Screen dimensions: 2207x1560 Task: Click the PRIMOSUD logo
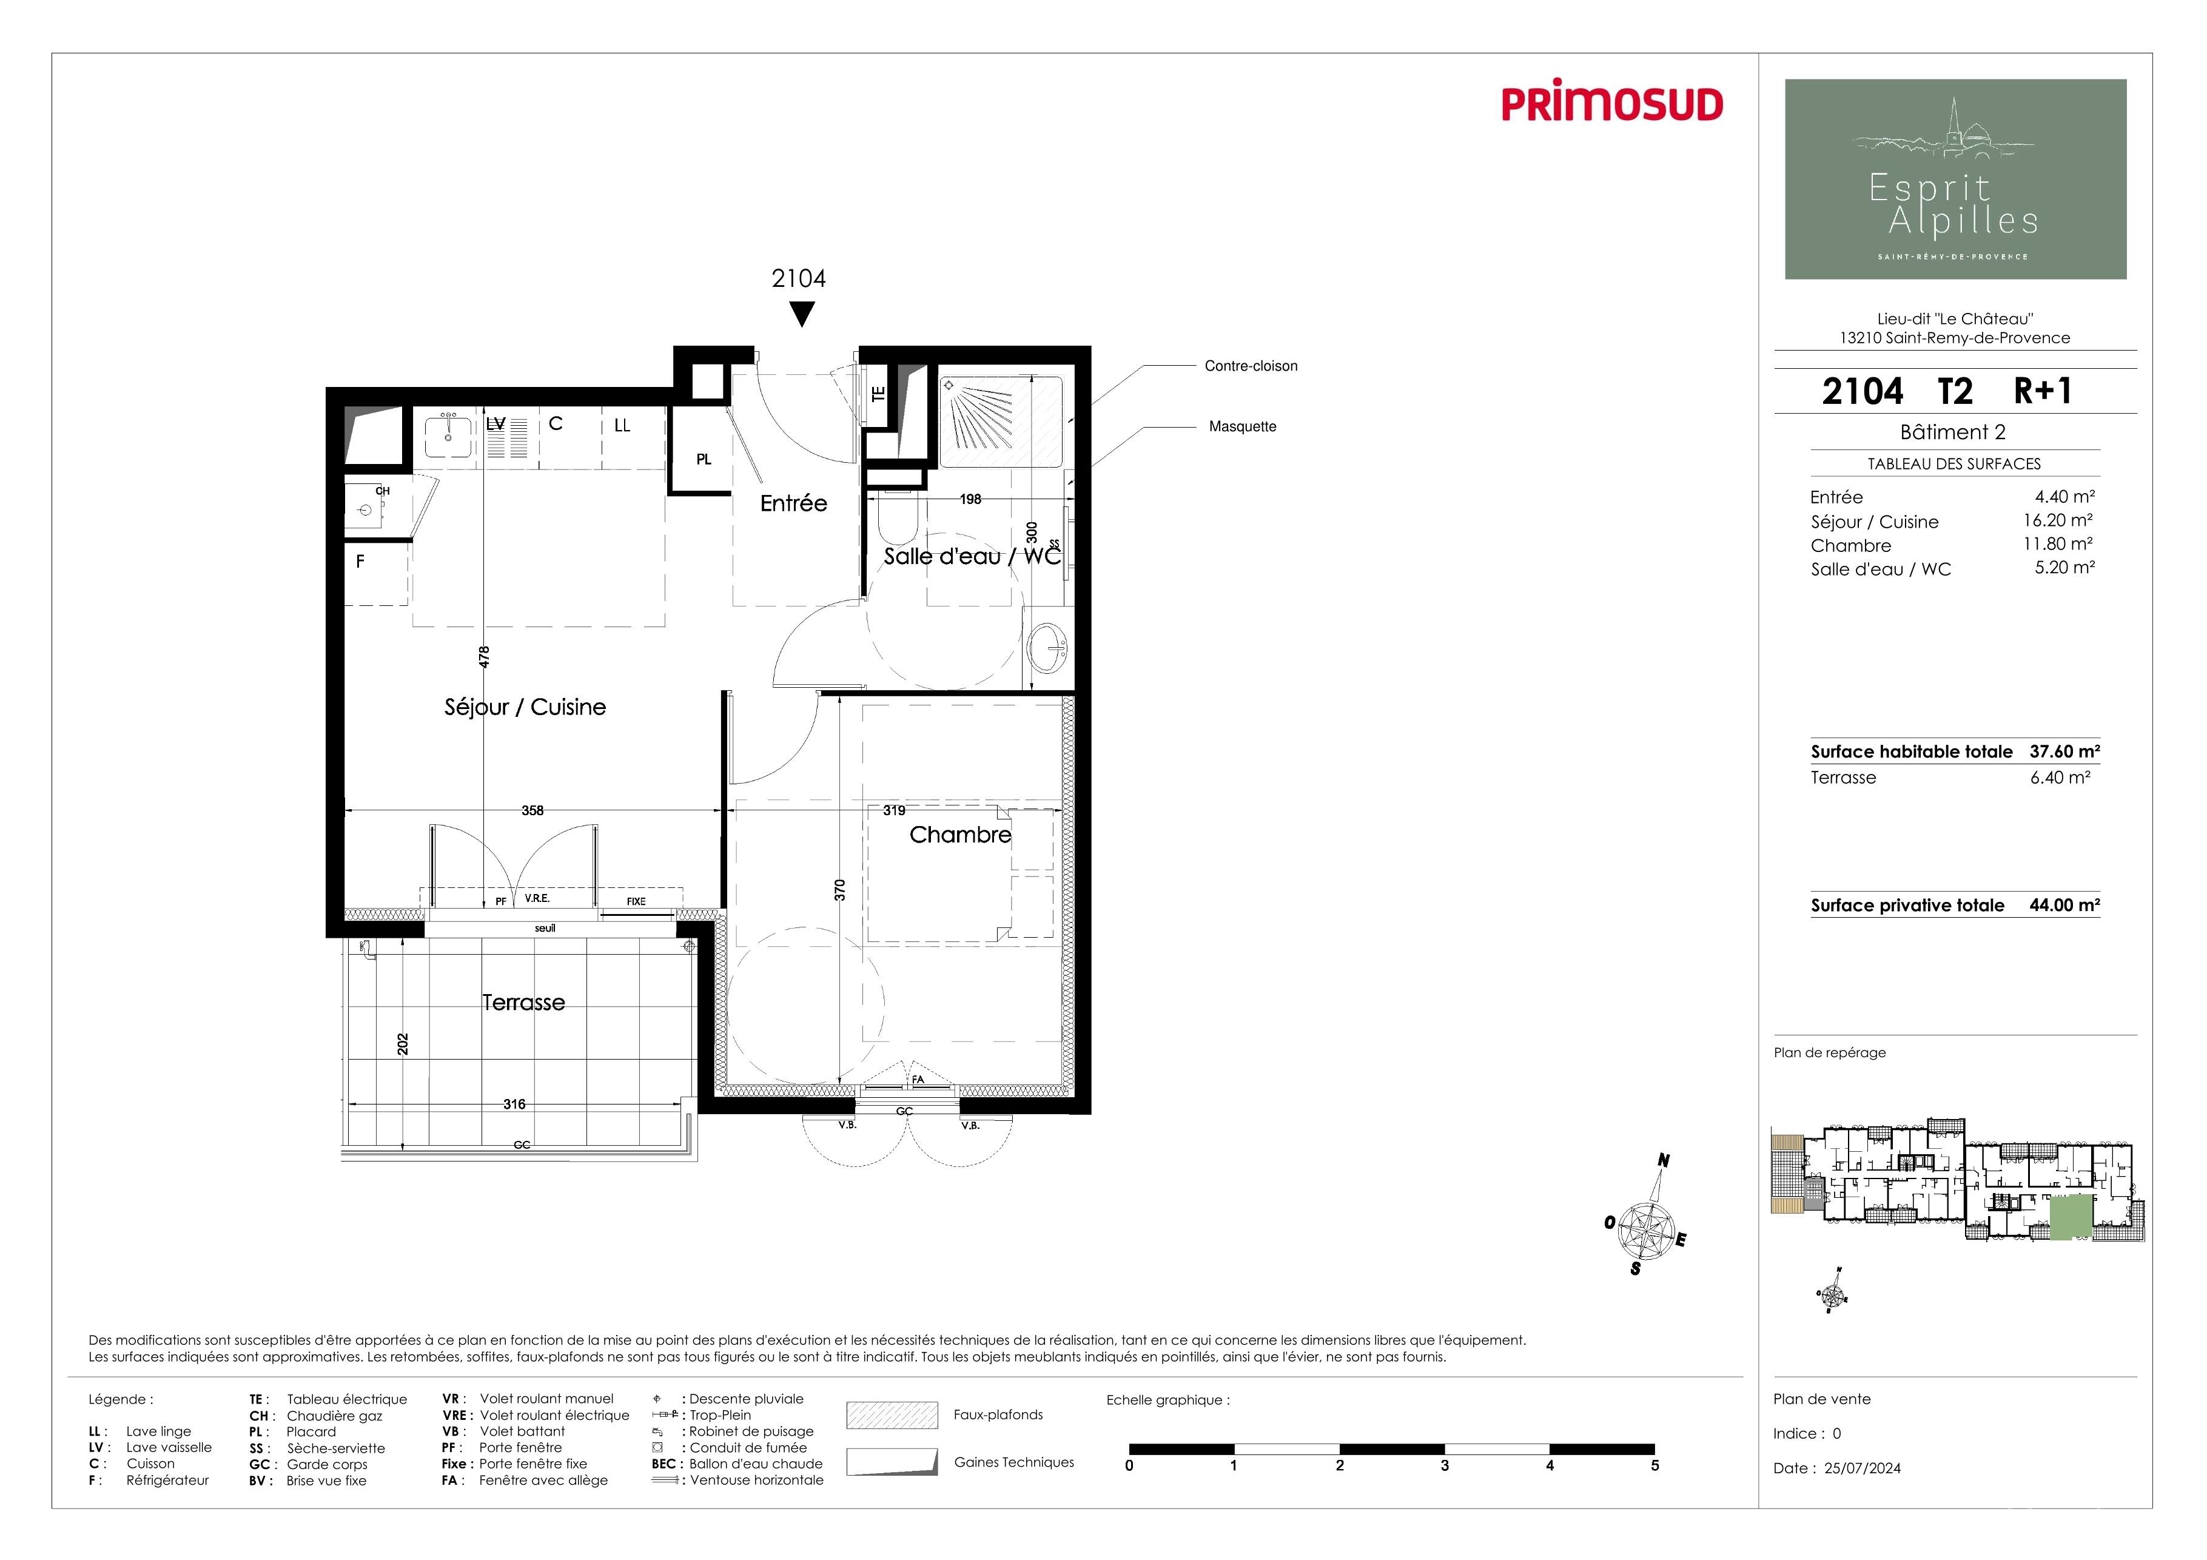(1612, 104)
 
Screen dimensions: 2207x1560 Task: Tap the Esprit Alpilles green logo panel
(1955, 179)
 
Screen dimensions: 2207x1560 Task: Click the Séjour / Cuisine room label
(525, 707)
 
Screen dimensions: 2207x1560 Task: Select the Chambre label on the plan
(960, 835)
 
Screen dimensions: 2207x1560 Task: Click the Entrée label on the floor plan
(793, 503)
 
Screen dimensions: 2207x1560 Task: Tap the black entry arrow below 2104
(802, 314)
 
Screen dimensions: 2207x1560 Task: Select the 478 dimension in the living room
(485, 656)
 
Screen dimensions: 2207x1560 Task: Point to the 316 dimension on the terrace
(514, 1104)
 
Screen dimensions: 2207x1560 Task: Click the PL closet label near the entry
(704, 459)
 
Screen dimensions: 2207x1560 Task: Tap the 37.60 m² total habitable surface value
(2064, 751)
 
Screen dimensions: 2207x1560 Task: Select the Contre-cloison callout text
(1251, 366)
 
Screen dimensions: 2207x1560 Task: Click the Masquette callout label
(1243, 427)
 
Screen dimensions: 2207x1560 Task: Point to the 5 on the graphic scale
(1654, 1466)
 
